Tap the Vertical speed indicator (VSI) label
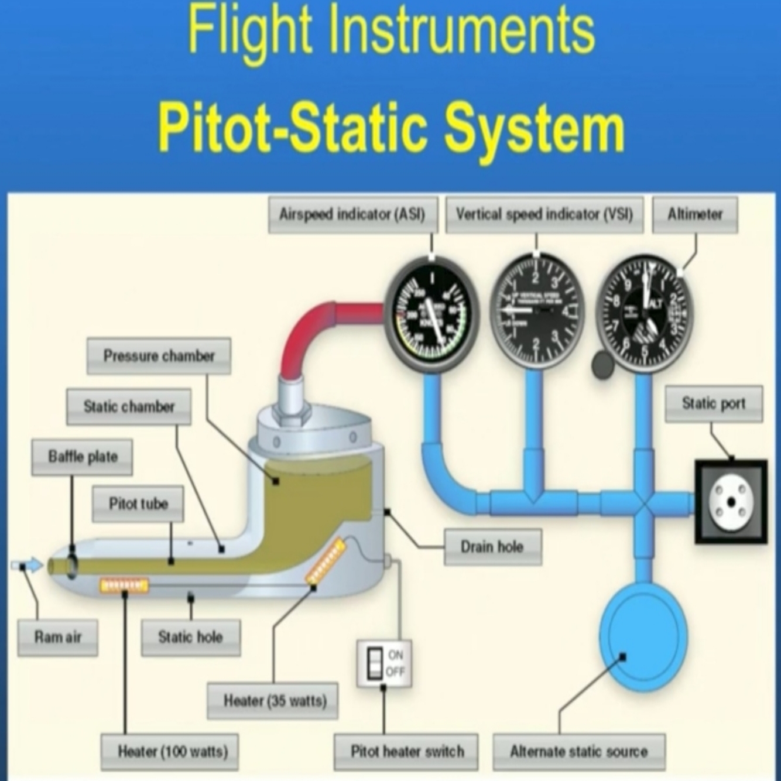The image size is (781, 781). [x=544, y=215]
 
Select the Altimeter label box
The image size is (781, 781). [x=695, y=215]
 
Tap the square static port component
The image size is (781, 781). [x=731, y=502]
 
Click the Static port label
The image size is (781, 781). [x=714, y=403]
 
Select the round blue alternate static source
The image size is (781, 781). [x=642, y=635]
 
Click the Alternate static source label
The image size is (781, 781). [x=578, y=752]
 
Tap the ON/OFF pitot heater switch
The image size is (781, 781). [x=384, y=663]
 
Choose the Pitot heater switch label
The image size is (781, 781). [x=406, y=752]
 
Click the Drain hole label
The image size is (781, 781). [x=492, y=547]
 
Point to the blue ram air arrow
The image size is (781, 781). [x=28, y=566]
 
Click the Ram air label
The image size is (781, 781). [x=57, y=637]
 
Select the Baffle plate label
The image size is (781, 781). [x=83, y=457]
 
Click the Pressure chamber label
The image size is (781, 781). [x=159, y=356]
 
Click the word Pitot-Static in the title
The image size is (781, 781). [x=296, y=129]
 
